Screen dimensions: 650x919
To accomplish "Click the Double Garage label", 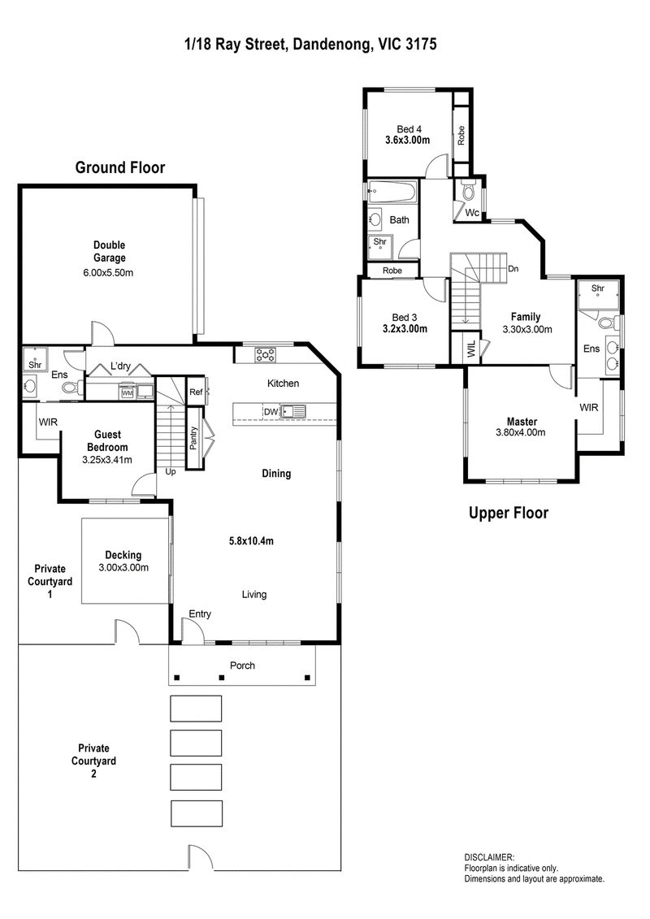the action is tap(110, 251).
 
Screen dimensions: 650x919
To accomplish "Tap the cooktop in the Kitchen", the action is tap(266, 354).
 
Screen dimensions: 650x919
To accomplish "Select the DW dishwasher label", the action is tap(271, 412).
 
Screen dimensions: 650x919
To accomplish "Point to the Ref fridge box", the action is tap(196, 392).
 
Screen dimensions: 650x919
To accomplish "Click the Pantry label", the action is tap(193, 439).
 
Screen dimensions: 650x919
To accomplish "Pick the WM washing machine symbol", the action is tap(128, 393).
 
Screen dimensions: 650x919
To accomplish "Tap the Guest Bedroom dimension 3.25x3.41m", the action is tap(107, 460).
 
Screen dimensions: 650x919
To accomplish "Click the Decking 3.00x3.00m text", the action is tap(123, 561).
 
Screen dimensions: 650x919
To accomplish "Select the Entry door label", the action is tap(200, 613).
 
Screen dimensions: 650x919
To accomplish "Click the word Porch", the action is tap(243, 665).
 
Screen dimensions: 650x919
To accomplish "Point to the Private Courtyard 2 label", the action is tap(93, 761).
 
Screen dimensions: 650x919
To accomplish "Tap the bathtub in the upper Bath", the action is tap(392, 193).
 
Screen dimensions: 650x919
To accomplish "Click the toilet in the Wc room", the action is tap(469, 190).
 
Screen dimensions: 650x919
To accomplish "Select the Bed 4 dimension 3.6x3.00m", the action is tap(407, 140).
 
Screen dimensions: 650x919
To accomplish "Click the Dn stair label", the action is tap(513, 269).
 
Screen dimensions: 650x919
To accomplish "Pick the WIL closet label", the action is tap(472, 349).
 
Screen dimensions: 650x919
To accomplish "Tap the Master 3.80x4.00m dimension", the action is tap(521, 432).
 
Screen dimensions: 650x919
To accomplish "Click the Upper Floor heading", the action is tap(509, 514).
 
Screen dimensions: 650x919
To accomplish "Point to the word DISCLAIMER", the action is tap(489, 857).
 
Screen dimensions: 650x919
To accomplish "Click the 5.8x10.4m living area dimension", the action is tap(251, 541).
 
